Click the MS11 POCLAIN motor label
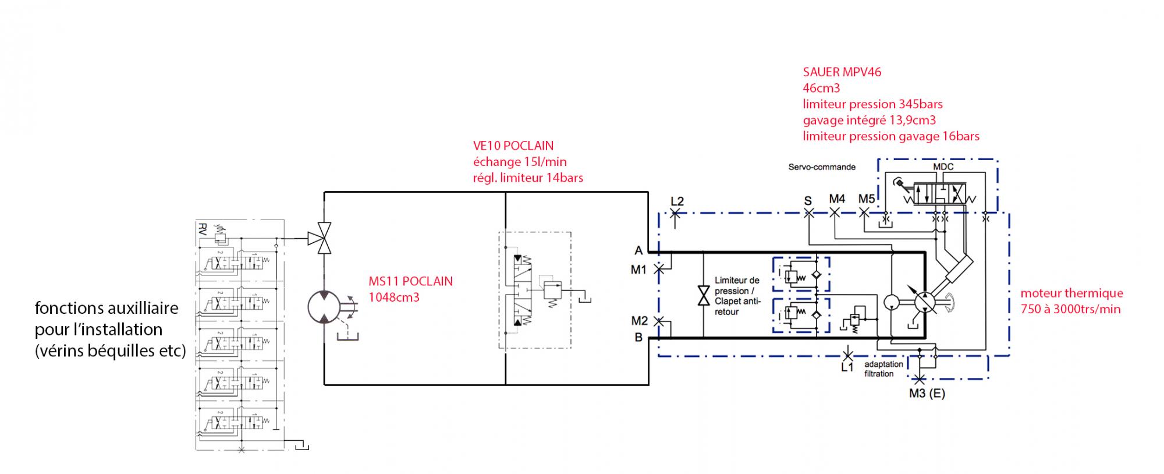pos(410,281)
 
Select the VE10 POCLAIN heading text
pos(513,146)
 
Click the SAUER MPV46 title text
pos(842,72)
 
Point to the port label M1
pos(638,270)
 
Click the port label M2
pos(639,320)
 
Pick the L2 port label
pos(677,201)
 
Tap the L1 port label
pos(847,367)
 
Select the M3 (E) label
pos(927,394)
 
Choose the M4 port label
pos(837,199)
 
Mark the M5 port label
pos(867,199)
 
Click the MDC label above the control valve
pos(943,167)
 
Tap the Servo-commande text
pos(822,167)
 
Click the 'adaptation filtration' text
pos(883,369)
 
